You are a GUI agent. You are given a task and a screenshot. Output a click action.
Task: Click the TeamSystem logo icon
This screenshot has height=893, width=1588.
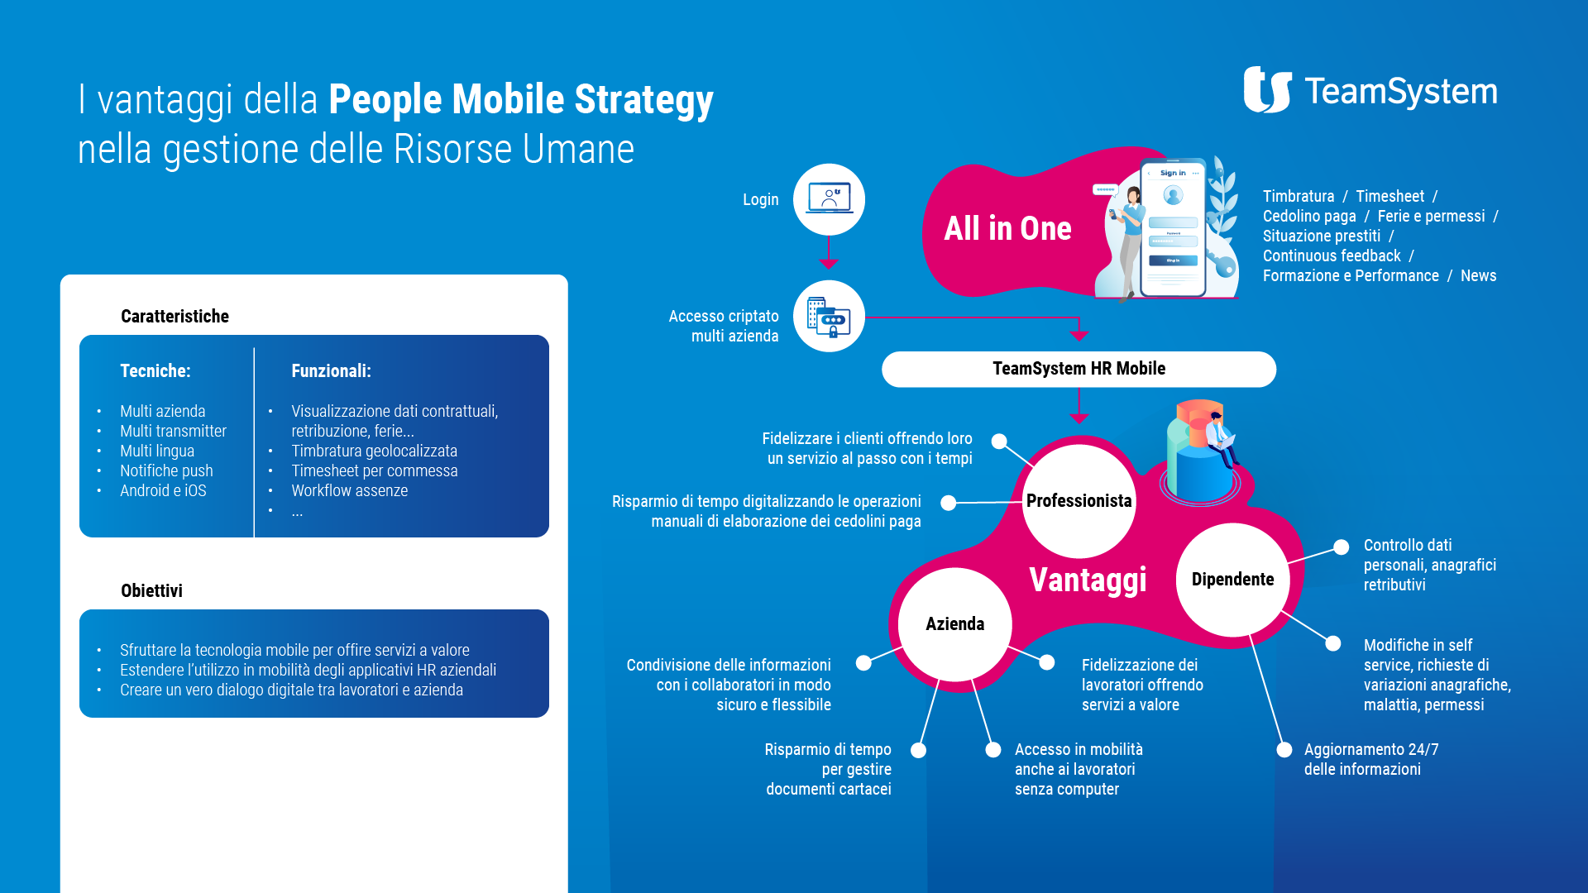pyautogui.click(x=1267, y=89)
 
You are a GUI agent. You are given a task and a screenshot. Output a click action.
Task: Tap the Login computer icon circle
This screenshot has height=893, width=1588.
pyautogui.click(x=829, y=199)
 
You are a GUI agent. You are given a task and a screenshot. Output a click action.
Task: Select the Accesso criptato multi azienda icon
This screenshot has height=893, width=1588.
pyautogui.click(x=829, y=316)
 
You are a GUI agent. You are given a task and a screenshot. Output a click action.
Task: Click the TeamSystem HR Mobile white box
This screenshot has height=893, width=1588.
pyautogui.click(x=1079, y=369)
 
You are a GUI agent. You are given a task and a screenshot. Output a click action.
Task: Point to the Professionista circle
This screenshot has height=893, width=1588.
pyautogui.click(x=1079, y=501)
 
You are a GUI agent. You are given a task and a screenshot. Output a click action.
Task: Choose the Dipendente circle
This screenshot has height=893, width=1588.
pyautogui.click(x=1232, y=580)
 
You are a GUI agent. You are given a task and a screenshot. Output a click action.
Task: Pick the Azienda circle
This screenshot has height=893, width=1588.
pyautogui.click(x=954, y=624)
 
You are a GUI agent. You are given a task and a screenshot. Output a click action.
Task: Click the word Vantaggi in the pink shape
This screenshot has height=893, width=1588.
pyautogui.click(x=1088, y=580)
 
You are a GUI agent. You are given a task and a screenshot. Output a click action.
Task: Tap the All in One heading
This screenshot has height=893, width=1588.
pyautogui.click(x=1007, y=228)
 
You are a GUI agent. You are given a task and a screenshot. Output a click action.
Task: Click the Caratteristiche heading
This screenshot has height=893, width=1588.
pyautogui.click(x=175, y=317)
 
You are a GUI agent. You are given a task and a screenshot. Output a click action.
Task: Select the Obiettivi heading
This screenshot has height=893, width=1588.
pyautogui.click(x=151, y=591)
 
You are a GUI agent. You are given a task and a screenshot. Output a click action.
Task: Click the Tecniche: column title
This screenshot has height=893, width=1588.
pyautogui.click(x=155, y=371)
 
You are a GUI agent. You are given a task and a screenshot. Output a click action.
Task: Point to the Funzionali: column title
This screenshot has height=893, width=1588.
pyautogui.click(x=331, y=371)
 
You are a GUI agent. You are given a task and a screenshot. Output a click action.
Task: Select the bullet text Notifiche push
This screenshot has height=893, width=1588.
pyautogui.click(x=166, y=470)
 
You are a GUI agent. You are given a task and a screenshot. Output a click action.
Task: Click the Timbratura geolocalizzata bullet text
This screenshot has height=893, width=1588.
pyautogui.click(x=374, y=451)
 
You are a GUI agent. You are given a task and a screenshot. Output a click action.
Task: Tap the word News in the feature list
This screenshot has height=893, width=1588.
pyautogui.click(x=1478, y=275)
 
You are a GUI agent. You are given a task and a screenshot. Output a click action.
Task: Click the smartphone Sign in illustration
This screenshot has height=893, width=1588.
pyautogui.click(x=1173, y=227)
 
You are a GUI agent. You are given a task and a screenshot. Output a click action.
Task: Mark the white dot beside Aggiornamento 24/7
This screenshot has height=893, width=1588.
pyautogui.click(x=1284, y=750)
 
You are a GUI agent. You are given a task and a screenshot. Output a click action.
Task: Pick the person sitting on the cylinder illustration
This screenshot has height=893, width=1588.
pyautogui.click(x=1220, y=438)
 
